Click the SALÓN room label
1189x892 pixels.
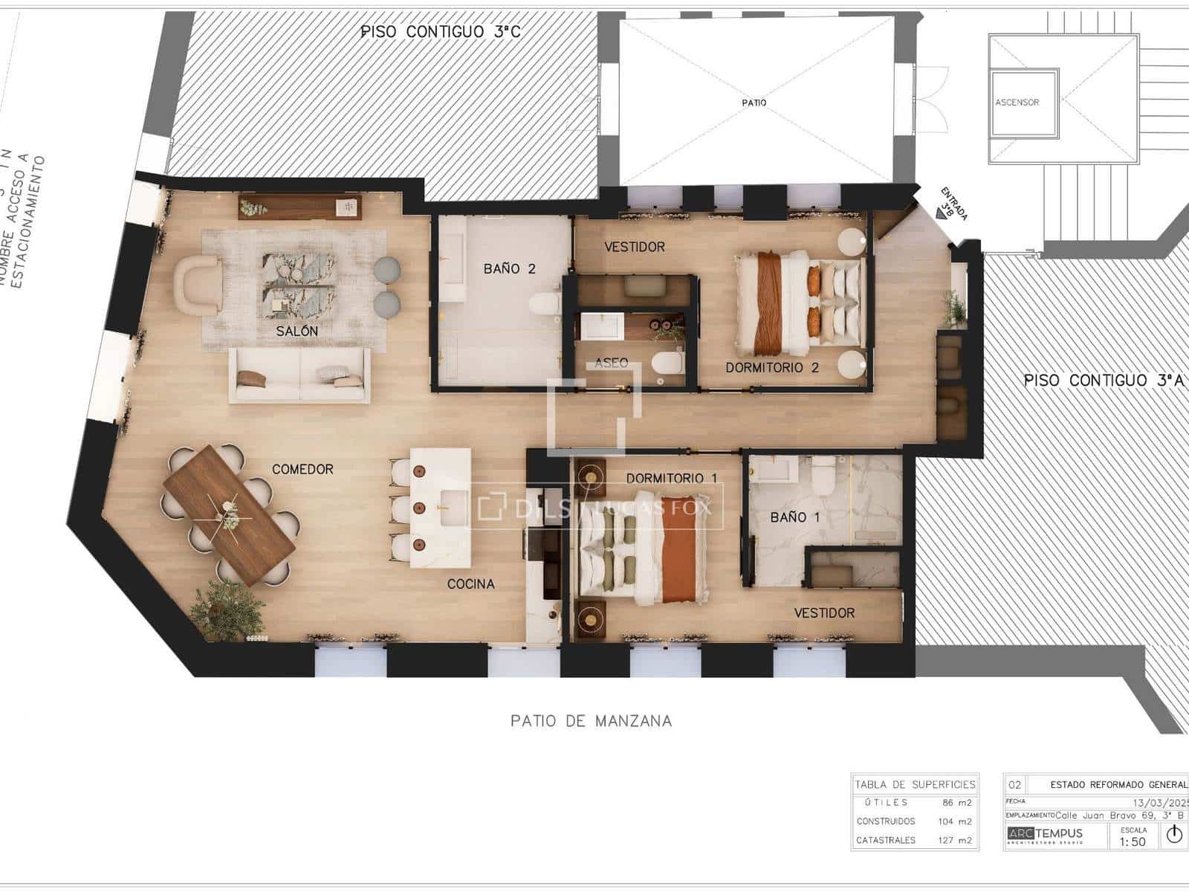point(297,331)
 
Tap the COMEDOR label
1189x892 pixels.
point(302,469)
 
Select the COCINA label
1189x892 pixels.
point(470,584)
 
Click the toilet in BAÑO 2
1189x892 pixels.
point(546,305)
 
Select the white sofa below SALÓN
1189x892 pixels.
point(299,375)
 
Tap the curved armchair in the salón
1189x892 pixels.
point(197,282)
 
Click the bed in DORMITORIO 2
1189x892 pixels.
point(799,303)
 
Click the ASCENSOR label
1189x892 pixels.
point(1017,103)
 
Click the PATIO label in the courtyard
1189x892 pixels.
point(754,103)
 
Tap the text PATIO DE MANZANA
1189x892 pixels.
point(591,720)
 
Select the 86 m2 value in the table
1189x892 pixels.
point(957,803)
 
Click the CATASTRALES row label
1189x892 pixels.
point(886,840)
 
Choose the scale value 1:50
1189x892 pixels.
point(1133,841)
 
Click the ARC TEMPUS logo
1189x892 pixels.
point(1045,834)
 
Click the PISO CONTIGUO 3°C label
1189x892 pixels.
point(440,31)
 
